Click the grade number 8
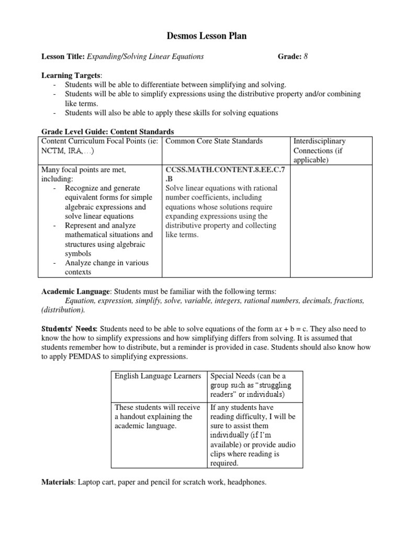[306, 57]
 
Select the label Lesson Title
[63, 57]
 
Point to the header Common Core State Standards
[214, 141]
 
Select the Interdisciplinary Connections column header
[319, 151]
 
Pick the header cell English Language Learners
[158, 376]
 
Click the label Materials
[58, 482]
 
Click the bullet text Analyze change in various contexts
[106, 267]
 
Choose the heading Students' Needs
[69, 329]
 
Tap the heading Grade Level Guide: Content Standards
[107, 132]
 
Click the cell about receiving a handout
[158, 416]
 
